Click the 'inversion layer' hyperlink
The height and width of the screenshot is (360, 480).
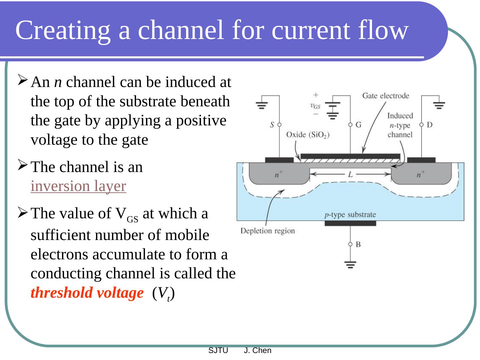78,186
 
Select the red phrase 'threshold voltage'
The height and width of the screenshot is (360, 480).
87,293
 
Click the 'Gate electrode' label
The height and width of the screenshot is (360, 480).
386,96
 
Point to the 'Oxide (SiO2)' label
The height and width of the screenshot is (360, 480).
308,135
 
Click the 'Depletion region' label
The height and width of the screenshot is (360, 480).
268,231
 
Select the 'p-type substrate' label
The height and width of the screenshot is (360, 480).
350,215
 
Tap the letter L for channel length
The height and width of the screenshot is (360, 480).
350,174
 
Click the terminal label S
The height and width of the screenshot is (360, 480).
272,125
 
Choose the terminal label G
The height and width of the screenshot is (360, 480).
359,125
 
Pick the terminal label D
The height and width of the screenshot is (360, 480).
430,125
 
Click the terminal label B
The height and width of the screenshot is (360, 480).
358,244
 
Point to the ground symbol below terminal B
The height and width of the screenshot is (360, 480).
350,265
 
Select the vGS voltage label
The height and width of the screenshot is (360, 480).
315,106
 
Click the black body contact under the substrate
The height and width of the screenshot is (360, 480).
350,223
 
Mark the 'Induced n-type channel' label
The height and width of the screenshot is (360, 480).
400,125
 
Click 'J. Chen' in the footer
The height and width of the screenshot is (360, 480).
258,350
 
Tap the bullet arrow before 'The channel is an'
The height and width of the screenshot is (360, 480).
22,165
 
